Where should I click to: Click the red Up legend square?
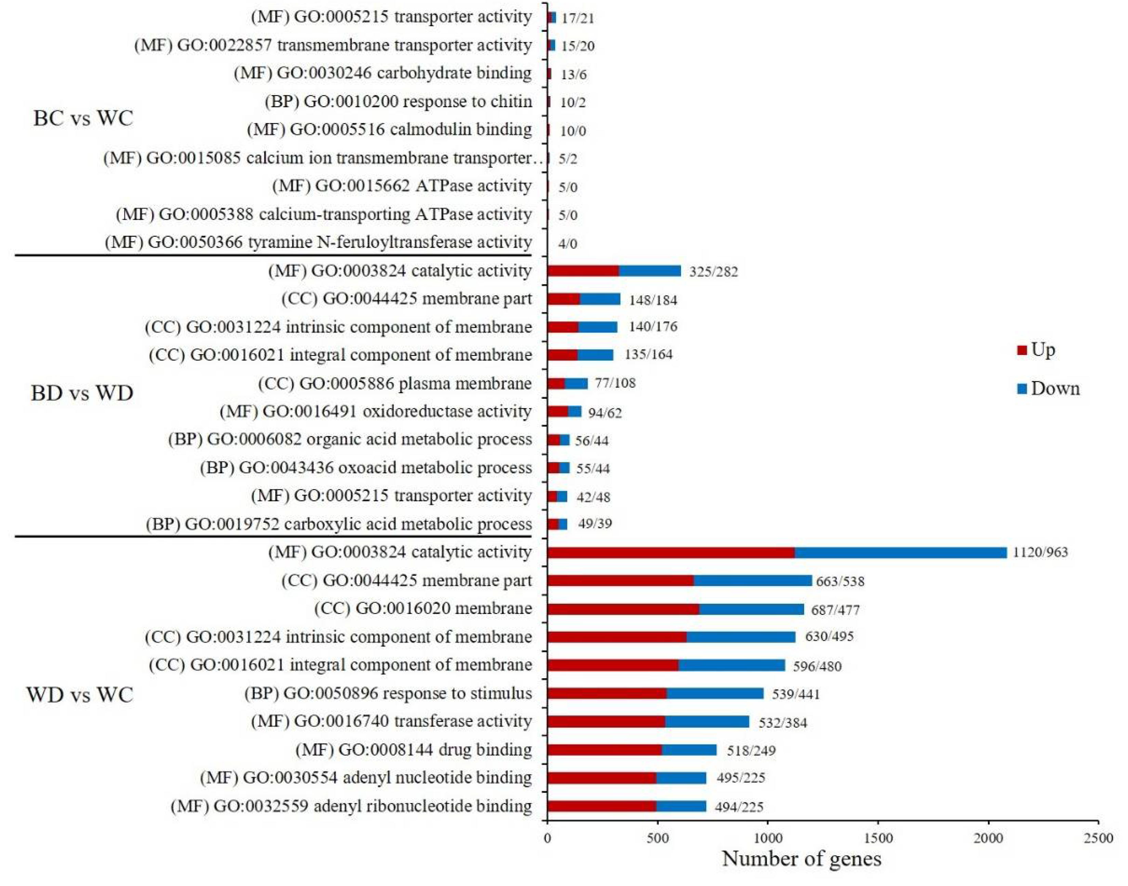(1022, 350)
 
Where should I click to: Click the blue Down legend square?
(1022, 389)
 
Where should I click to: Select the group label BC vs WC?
(83, 118)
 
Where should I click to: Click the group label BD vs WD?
(82, 393)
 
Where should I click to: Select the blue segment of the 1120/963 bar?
(901, 553)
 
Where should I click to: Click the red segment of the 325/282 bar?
(583, 271)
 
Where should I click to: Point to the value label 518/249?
(751, 751)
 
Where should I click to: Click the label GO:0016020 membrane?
(423, 609)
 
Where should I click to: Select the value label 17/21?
(577, 18)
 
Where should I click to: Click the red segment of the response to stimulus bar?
(607, 694)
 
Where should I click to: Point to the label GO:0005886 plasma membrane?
(394, 383)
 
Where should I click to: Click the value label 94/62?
(605, 413)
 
